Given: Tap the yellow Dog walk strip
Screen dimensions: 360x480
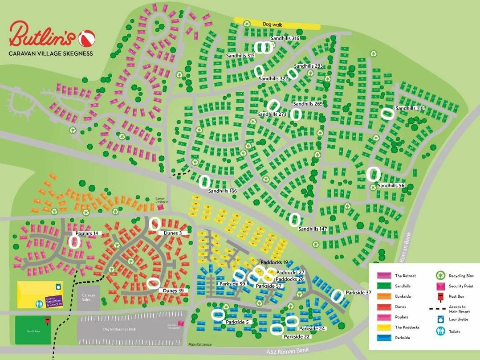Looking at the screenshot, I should (277, 25).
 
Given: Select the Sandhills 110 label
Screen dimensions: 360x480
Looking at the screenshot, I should (410, 108).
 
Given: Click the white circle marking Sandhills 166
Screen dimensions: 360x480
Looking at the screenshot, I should (204, 181).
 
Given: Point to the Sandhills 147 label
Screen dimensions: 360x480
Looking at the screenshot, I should (313, 229).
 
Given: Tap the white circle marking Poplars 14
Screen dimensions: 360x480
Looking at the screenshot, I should (75, 241).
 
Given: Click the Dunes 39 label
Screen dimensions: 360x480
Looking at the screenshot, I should (173, 290).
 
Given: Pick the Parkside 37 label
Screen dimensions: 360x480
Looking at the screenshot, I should (358, 293).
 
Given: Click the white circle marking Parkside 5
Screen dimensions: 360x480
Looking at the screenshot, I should (217, 315).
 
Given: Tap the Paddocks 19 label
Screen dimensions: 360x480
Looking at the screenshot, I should (274, 263).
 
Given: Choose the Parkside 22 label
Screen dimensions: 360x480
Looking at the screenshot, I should (297, 336).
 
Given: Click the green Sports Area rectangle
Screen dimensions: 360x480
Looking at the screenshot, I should (33, 330).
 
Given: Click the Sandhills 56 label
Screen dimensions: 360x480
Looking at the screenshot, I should (391, 186).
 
